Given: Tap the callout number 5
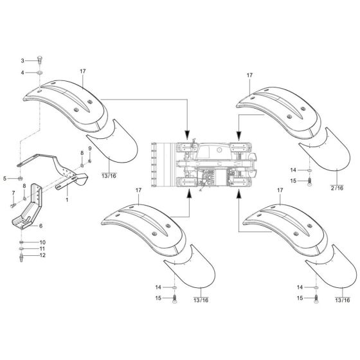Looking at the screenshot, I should coord(5,178).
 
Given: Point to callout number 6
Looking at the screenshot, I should coord(41,226).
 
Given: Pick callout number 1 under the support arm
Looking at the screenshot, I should coord(66,201).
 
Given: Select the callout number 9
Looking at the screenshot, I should coord(90,148).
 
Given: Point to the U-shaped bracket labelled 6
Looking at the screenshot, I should coord(26,215).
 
